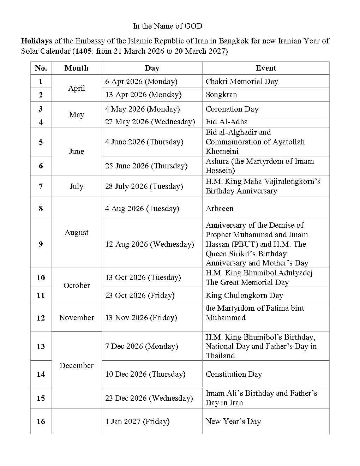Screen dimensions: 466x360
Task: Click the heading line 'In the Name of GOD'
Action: pos(168,26)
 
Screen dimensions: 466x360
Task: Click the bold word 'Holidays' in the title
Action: pos(36,41)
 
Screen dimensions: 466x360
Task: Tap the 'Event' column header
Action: pos(266,68)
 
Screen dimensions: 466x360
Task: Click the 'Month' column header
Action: pos(76,68)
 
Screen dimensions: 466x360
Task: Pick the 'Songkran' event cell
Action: pos(221,95)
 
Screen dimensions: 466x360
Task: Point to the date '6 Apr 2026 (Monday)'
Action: pos(141,82)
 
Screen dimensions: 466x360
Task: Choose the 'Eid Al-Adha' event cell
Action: pos(227,122)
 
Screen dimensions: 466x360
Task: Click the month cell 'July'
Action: pos(76,186)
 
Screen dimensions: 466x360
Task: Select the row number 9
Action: pos(41,244)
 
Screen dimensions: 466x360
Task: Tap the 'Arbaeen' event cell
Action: pos(220,209)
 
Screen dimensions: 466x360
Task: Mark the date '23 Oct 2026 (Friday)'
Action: pos(140,295)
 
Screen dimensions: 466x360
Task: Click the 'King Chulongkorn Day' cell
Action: pos(244,295)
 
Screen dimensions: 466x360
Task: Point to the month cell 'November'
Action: pos(77,318)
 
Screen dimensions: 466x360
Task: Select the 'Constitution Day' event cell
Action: pos(234,374)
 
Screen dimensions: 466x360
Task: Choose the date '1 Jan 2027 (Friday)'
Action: pos(137,422)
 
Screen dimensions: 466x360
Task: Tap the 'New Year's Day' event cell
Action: pos(233,422)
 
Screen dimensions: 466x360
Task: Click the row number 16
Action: pos(41,422)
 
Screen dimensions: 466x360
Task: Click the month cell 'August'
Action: pos(76,233)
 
